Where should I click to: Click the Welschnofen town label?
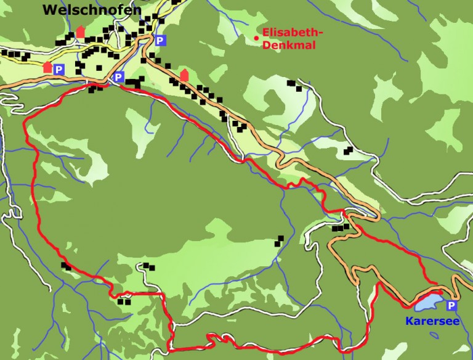tap(92, 10)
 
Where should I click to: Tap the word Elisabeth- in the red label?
tap(292, 33)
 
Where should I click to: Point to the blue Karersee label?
tap(427, 321)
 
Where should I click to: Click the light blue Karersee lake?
tap(430, 303)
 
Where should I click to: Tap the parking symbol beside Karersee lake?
tap(452, 306)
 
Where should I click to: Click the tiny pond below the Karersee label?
tap(435, 335)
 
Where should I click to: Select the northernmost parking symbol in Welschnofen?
tap(161, 41)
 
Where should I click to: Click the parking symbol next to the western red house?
tap(59, 70)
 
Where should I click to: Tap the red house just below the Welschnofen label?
tap(80, 31)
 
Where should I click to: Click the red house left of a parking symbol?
tap(48, 67)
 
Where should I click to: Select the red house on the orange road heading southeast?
tap(184, 75)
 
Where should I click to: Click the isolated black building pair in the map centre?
tap(280, 240)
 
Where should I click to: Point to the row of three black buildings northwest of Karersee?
tap(341, 227)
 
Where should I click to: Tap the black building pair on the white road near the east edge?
tap(349, 150)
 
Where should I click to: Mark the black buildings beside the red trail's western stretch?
tap(65, 266)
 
